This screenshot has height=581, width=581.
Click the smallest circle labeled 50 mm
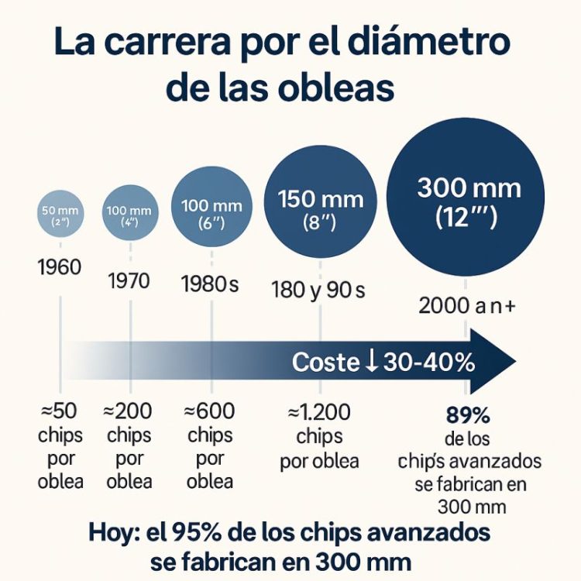tap(59, 215)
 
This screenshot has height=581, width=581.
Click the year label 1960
tap(59, 268)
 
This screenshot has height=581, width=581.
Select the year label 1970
tap(129, 280)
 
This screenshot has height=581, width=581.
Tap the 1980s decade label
tap(210, 284)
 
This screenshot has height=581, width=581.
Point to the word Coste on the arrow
tap(325, 363)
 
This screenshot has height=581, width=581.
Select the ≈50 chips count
tap(60, 411)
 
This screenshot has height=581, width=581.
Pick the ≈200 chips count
tap(129, 411)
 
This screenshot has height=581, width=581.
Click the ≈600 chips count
tap(210, 411)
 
